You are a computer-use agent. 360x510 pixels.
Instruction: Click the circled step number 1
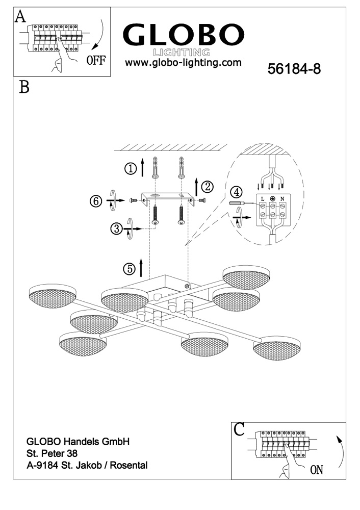[132, 168]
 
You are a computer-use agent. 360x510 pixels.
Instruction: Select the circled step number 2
[207, 186]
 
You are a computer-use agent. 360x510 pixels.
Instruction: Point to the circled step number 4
[236, 192]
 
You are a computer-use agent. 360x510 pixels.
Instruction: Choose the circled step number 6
[96, 201]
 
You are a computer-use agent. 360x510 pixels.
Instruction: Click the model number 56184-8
[294, 69]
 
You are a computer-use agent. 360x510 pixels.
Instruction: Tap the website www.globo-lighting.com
[183, 63]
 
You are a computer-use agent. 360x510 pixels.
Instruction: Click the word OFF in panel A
[96, 60]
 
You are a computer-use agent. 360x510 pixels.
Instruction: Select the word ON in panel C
[316, 469]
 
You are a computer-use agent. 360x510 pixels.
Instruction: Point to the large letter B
[23, 87]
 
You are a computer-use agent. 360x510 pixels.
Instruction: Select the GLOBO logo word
[183, 35]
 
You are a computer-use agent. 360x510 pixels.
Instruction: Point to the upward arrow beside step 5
[142, 266]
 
